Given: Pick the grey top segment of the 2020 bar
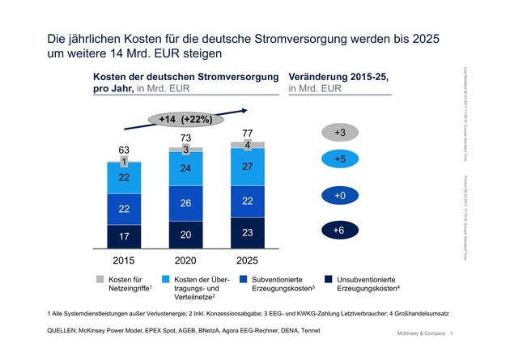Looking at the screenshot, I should pos(186,150).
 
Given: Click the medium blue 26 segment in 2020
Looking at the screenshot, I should pos(186,202).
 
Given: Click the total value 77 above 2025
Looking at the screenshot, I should pos(247,132).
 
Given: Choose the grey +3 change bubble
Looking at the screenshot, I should pos(339,132).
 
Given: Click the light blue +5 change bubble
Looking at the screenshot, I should pos(339,159).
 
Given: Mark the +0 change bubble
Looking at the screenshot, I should pos(339,195).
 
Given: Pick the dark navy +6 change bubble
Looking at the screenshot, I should pos(339,231).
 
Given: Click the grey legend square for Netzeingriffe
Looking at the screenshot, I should pos(91,280).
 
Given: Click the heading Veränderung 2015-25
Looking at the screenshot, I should pos(338,75).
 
